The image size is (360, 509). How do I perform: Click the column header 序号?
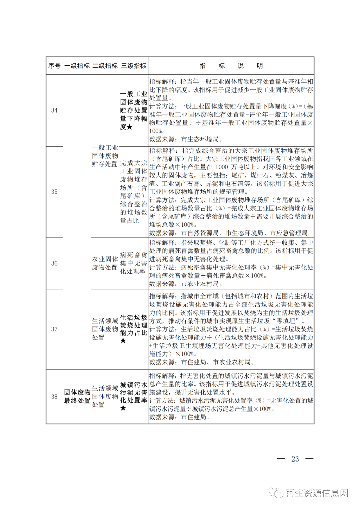54,66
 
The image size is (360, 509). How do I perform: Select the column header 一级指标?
77,66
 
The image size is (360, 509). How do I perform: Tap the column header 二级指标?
105,66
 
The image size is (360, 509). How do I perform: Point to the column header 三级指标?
134,66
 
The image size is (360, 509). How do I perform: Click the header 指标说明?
231,66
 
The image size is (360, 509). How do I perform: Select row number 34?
54,110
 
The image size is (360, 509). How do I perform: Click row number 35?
54,192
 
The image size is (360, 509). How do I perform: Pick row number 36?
54,263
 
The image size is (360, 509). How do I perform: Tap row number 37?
54,329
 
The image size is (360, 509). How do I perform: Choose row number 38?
54,397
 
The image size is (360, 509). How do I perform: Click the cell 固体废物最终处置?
77,396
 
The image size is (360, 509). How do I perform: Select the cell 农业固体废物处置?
105,263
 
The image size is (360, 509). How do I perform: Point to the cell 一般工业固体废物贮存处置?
105,156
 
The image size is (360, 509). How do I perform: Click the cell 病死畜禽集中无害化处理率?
133,263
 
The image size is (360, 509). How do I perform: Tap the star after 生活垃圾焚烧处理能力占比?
123,341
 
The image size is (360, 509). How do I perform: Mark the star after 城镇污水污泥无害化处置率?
123,408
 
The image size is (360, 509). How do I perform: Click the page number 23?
295,459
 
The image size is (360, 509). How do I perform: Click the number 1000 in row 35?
221,167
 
